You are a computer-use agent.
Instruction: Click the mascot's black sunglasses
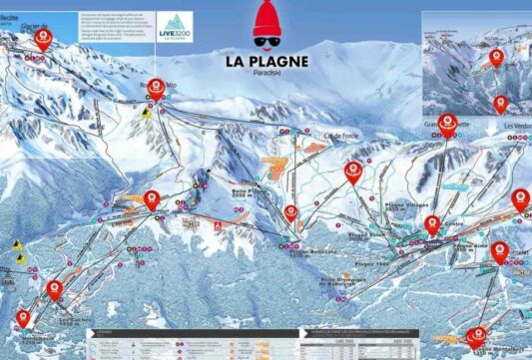[266, 42]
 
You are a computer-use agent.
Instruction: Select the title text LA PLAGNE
[266, 60]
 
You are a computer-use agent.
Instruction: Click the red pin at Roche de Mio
[156, 89]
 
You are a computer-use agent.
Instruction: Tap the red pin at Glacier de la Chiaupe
[44, 39]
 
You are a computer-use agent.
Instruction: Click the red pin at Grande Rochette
[448, 124]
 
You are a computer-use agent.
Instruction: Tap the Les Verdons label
[517, 127]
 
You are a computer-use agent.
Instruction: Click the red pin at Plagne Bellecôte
[290, 214]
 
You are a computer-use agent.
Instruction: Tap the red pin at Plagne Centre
[432, 224]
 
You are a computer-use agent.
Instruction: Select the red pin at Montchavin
[23, 320]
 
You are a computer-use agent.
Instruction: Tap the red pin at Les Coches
[54, 289]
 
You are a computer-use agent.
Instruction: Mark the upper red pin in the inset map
[497, 58]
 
